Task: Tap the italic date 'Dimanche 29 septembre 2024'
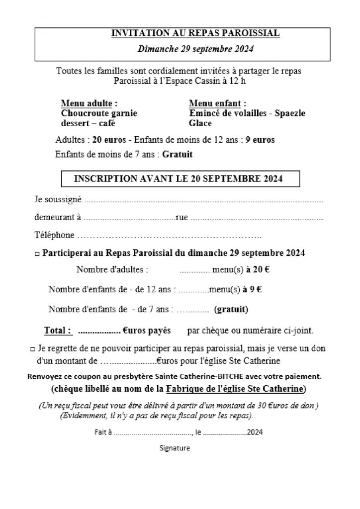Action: point(195,49)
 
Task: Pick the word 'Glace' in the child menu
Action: point(200,123)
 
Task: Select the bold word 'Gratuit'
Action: point(178,154)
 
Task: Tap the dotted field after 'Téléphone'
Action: point(169,235)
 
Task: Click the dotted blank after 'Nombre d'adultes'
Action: point(194,271)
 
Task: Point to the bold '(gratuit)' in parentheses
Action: point(231,309)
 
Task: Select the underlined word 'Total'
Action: point(57,330)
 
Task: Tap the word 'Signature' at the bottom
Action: point(175,448)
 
